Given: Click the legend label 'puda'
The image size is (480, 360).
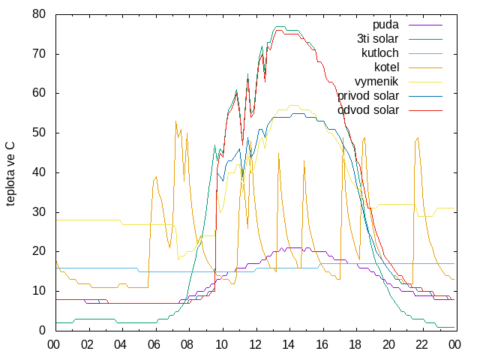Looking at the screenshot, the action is tap(385, 25).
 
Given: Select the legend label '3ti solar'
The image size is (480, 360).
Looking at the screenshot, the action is tap(378, 39).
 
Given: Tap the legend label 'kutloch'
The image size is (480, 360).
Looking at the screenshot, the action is tap(380, 53).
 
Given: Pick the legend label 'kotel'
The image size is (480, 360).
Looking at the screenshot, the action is tap(387, 67).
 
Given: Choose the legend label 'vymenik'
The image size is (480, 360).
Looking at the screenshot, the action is tap(376, 82).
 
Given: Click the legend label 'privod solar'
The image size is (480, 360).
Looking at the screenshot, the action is tap(368, 96).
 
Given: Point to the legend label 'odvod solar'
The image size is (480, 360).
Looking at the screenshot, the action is tap(368, 110).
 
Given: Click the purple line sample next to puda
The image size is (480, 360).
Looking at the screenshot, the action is tap(425, 25).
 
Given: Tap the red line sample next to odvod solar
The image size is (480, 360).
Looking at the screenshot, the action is tap(425, 110).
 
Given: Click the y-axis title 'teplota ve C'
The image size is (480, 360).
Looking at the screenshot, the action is tap(10, 174).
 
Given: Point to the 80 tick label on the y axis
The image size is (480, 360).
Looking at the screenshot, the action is tap(39, 14).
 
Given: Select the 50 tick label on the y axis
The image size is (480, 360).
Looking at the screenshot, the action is tap(39, 133).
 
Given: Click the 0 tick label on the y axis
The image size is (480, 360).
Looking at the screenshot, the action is tap(42, 330).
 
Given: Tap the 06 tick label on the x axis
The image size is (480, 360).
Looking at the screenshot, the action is tap(154, 345).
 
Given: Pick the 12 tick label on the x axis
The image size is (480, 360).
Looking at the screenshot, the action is tap(255, 345).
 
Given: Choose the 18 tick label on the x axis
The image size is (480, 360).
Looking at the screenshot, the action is tap(355, 345).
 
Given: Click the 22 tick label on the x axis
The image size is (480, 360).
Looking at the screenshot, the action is tap(421, 345).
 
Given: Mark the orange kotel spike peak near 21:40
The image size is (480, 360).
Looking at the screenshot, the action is tap(418, 138).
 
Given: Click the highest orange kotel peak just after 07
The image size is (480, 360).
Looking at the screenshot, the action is tap(175, 121).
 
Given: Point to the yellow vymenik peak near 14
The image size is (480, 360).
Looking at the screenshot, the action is tap(294, 105).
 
